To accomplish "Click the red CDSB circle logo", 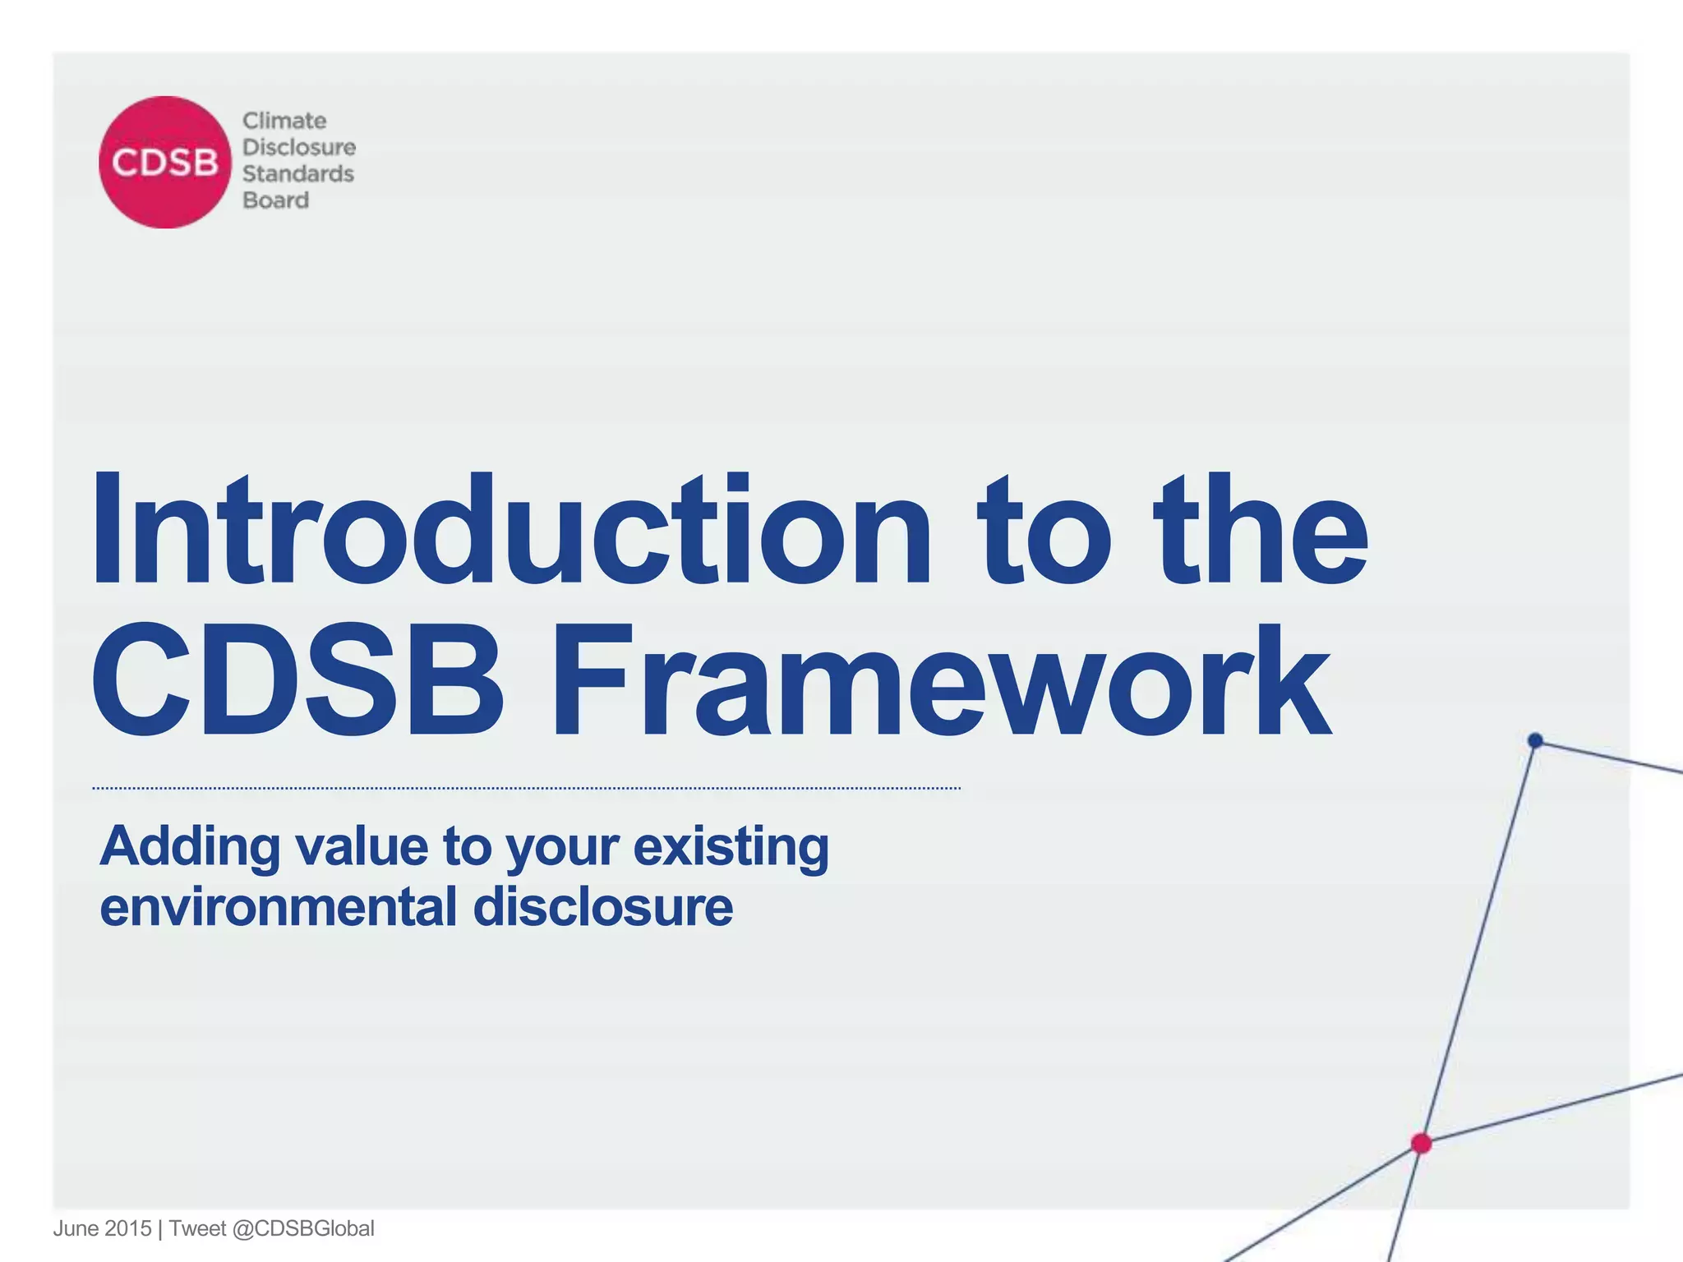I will click(165, 162).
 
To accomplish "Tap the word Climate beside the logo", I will click(284, 121).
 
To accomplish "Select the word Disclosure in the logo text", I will click(299, 147).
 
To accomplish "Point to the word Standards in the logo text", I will click(297, 174).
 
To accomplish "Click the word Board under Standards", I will click(275, 200).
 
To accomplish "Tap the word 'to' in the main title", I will click(1044, 530).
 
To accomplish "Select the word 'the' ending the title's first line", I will click(1261, 530).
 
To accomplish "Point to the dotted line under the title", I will click(526, 788).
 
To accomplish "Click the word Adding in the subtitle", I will click(190, 847).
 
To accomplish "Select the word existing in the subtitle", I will click(731, 847).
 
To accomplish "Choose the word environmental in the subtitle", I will click(278, 907).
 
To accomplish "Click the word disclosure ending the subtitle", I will click(602, 907).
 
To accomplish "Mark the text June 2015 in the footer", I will click(102, 1228).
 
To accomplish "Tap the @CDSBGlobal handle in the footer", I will click(303, 1228).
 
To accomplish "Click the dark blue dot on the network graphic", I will click(1535, 740).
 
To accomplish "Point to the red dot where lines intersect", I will click(1421, 1143).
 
